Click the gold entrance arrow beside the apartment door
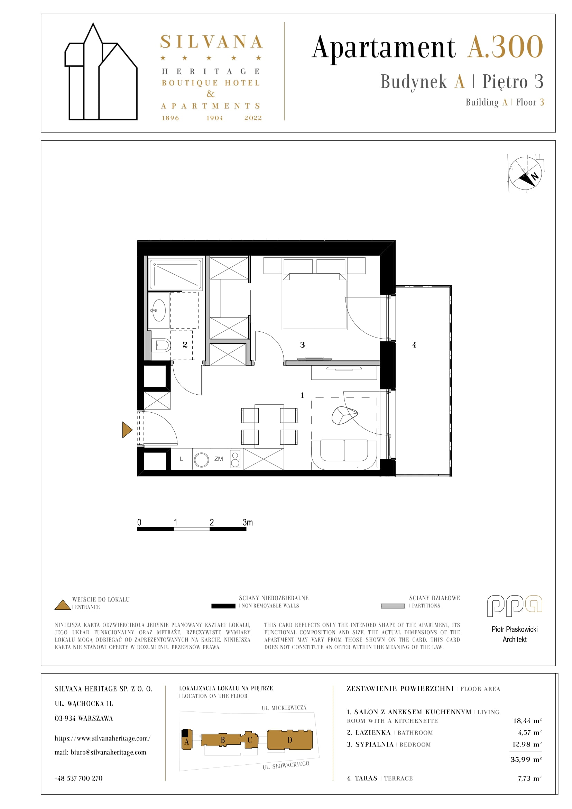point(127,430)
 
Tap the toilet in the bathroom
point(161,345)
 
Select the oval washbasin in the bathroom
point(159,310)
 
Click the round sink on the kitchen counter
point(202,460)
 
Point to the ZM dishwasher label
point(219,459)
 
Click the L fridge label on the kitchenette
point(182,459)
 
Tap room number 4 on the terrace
point(414,345)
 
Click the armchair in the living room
point(344,415)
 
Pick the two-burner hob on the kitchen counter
point(235,459)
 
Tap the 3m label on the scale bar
point(248,522)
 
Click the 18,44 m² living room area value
point(527,720)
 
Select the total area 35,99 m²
point(526,759)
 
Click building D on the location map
point(289,739)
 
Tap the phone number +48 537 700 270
point(79,778)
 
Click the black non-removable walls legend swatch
point(223,606)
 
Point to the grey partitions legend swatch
point(393,606)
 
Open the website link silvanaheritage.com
point(102,738)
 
